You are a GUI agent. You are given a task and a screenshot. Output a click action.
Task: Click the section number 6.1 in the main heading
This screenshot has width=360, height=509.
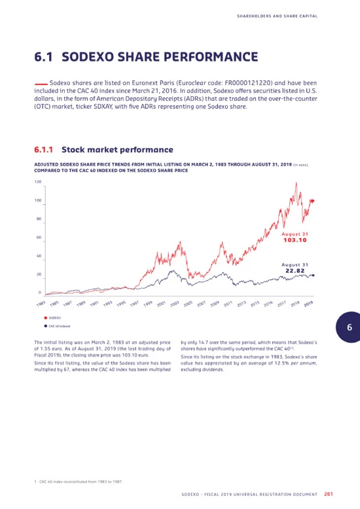(x=44, y=57)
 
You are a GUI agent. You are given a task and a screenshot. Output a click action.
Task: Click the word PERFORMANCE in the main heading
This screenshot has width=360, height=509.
(x=211, y=57)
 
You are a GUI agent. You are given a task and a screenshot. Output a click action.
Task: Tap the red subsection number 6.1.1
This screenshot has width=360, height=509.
(x=44, y=150)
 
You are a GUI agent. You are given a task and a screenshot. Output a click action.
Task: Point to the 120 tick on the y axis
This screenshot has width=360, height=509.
(x=38, y=182)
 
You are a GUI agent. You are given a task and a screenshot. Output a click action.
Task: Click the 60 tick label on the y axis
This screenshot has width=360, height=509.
(x=39, y=237)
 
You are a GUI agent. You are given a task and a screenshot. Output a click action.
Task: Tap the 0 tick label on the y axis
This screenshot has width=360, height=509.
(x=40, y=292)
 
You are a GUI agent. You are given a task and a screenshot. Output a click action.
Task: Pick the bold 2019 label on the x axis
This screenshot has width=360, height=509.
(x=308, y=304)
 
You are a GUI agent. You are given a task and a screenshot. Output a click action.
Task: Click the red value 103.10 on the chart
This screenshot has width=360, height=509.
(x=295, y=240)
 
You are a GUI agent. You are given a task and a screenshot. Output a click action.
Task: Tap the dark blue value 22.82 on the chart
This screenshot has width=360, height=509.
(x=295, y=271)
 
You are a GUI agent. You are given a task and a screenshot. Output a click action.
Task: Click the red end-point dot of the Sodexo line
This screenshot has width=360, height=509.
(x=313, y=201)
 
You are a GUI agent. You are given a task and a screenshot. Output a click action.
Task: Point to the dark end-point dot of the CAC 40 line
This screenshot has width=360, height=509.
(x=313, y=275)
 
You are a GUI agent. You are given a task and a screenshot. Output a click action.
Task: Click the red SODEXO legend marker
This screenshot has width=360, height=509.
(x=45, y=318)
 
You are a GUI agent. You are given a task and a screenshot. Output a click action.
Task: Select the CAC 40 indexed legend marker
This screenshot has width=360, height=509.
(x=45, y=326)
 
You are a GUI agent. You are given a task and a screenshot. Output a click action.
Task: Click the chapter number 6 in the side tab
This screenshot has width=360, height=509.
(x=350, y=327)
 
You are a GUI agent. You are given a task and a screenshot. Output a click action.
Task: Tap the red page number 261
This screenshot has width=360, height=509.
(x=329, y=494)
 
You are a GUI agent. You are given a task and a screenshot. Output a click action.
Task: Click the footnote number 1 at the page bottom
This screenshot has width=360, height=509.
(x=35, y=482)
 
